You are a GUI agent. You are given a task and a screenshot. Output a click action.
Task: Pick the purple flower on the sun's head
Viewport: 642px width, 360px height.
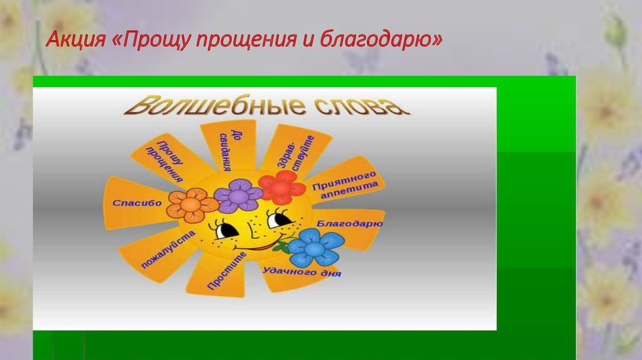click(x=238, y=195)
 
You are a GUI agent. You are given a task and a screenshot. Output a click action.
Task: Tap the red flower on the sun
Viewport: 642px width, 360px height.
click(x=280, y=187)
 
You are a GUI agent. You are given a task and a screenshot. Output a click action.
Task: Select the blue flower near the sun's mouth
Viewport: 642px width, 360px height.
click(x=314, y=248)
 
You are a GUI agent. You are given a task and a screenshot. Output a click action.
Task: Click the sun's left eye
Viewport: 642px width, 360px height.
click(x=226, y=230)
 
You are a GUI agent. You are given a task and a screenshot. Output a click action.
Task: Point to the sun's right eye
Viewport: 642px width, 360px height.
click(x=278, y=219)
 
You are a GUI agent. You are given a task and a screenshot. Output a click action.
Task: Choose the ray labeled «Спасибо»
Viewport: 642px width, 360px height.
click(x=137, y=203)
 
